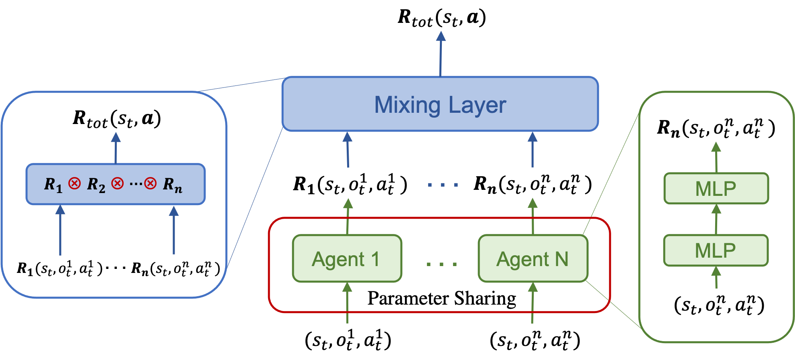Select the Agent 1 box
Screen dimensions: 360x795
pos(347,259)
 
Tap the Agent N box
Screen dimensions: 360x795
pos(533,259)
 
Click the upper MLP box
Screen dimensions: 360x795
pos(716,189)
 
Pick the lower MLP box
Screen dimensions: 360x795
pos(716,250)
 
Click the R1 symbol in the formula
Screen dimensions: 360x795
pos(53,185)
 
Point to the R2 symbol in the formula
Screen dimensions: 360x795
pos(96,185)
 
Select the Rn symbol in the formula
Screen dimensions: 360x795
pos(172,185)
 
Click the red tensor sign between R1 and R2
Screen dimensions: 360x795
pos(74,183)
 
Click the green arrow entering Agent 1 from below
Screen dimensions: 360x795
pos(347,303)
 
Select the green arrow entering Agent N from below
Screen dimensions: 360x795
pos(533,303)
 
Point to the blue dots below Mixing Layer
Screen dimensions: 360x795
pos(442,185)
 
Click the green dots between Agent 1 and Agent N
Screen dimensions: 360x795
pos(441,264)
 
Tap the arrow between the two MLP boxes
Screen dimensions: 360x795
pos(716,219)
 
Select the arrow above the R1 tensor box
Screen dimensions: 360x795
pos(116,148)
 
